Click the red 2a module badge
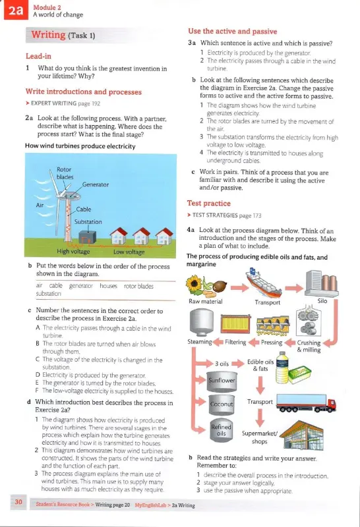point(16,10)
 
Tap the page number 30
point(18,502)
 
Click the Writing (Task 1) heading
point(63,35)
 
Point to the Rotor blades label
point(64,173)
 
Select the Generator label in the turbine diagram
point(96,184)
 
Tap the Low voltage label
point(129,252)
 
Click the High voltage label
point(73,252)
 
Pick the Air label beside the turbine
point(40,205)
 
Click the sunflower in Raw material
point(194,284)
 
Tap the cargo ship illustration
point(264,283)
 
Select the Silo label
point(322,301)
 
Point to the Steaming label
point(200,342)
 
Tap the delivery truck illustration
point(306,403)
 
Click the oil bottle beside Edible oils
point(282,368)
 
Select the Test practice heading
point(209,203)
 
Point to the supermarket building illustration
point(301,435)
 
